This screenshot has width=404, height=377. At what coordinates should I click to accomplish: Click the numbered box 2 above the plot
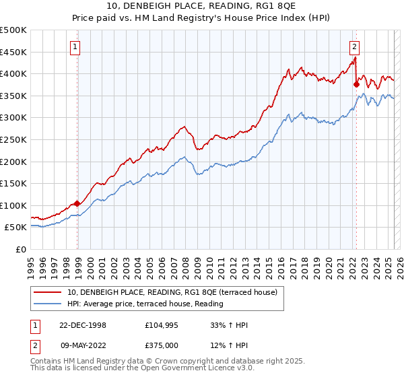(x=354, y=46)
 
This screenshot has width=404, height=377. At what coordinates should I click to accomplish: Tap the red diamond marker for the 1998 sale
(x=77, y=203)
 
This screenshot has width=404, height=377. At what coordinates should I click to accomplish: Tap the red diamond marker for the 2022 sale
(x=356, y=84)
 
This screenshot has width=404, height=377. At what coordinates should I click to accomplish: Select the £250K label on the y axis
(x=13, y=140)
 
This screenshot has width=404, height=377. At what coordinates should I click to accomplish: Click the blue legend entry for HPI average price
(x=145, y=304)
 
